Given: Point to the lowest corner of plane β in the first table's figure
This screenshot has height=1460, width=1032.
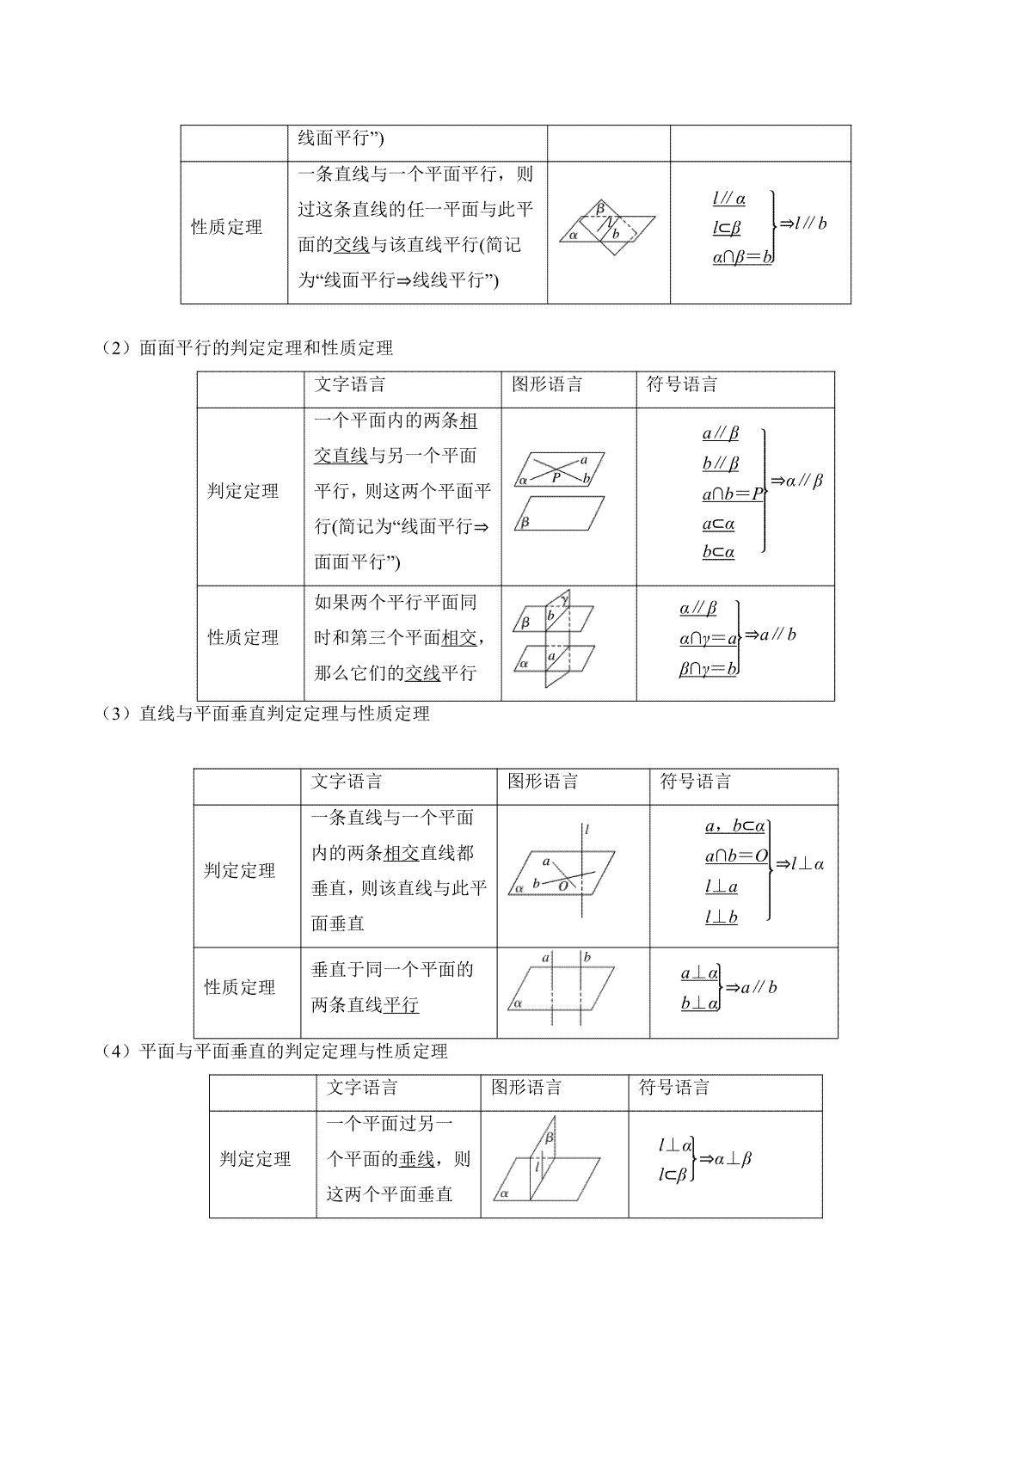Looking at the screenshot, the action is tap(614, 255).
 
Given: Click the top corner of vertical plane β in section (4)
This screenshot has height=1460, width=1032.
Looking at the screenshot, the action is tap(556, 1117).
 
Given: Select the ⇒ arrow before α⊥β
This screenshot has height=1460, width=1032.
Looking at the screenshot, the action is tap(707, 1159).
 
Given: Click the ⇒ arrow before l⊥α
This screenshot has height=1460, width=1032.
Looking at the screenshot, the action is tap(783, 865).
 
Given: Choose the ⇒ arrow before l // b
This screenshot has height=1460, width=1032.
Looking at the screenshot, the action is tap(787, 224).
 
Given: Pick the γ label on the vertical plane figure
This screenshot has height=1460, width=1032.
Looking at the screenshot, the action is tap(564, 599).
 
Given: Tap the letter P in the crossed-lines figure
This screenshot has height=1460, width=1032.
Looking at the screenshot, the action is tap(556, 478).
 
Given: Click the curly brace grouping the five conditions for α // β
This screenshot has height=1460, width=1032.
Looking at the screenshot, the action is tap(764, 491).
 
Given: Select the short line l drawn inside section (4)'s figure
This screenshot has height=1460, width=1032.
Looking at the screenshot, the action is tap(537, 1167).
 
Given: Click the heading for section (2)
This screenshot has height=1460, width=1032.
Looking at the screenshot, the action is tap(247, 348).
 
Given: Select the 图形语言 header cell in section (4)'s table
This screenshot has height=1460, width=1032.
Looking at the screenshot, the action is tap(526, 1087).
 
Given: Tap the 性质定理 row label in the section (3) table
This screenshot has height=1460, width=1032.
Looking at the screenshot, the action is tap(240, 987).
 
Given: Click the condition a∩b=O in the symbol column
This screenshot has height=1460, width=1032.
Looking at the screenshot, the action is tap(736, 856).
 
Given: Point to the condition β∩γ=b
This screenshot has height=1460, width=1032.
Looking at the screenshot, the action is tap(708, 669).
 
